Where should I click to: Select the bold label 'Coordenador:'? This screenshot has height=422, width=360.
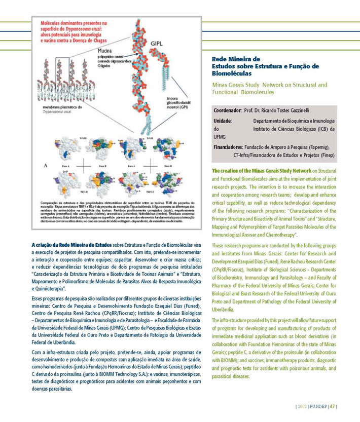click(229, 109)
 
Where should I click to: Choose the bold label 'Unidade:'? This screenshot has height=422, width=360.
click(223, 121)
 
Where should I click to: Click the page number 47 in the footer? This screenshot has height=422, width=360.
click(332, 405)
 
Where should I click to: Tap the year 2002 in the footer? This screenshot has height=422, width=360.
click(303, 405)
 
